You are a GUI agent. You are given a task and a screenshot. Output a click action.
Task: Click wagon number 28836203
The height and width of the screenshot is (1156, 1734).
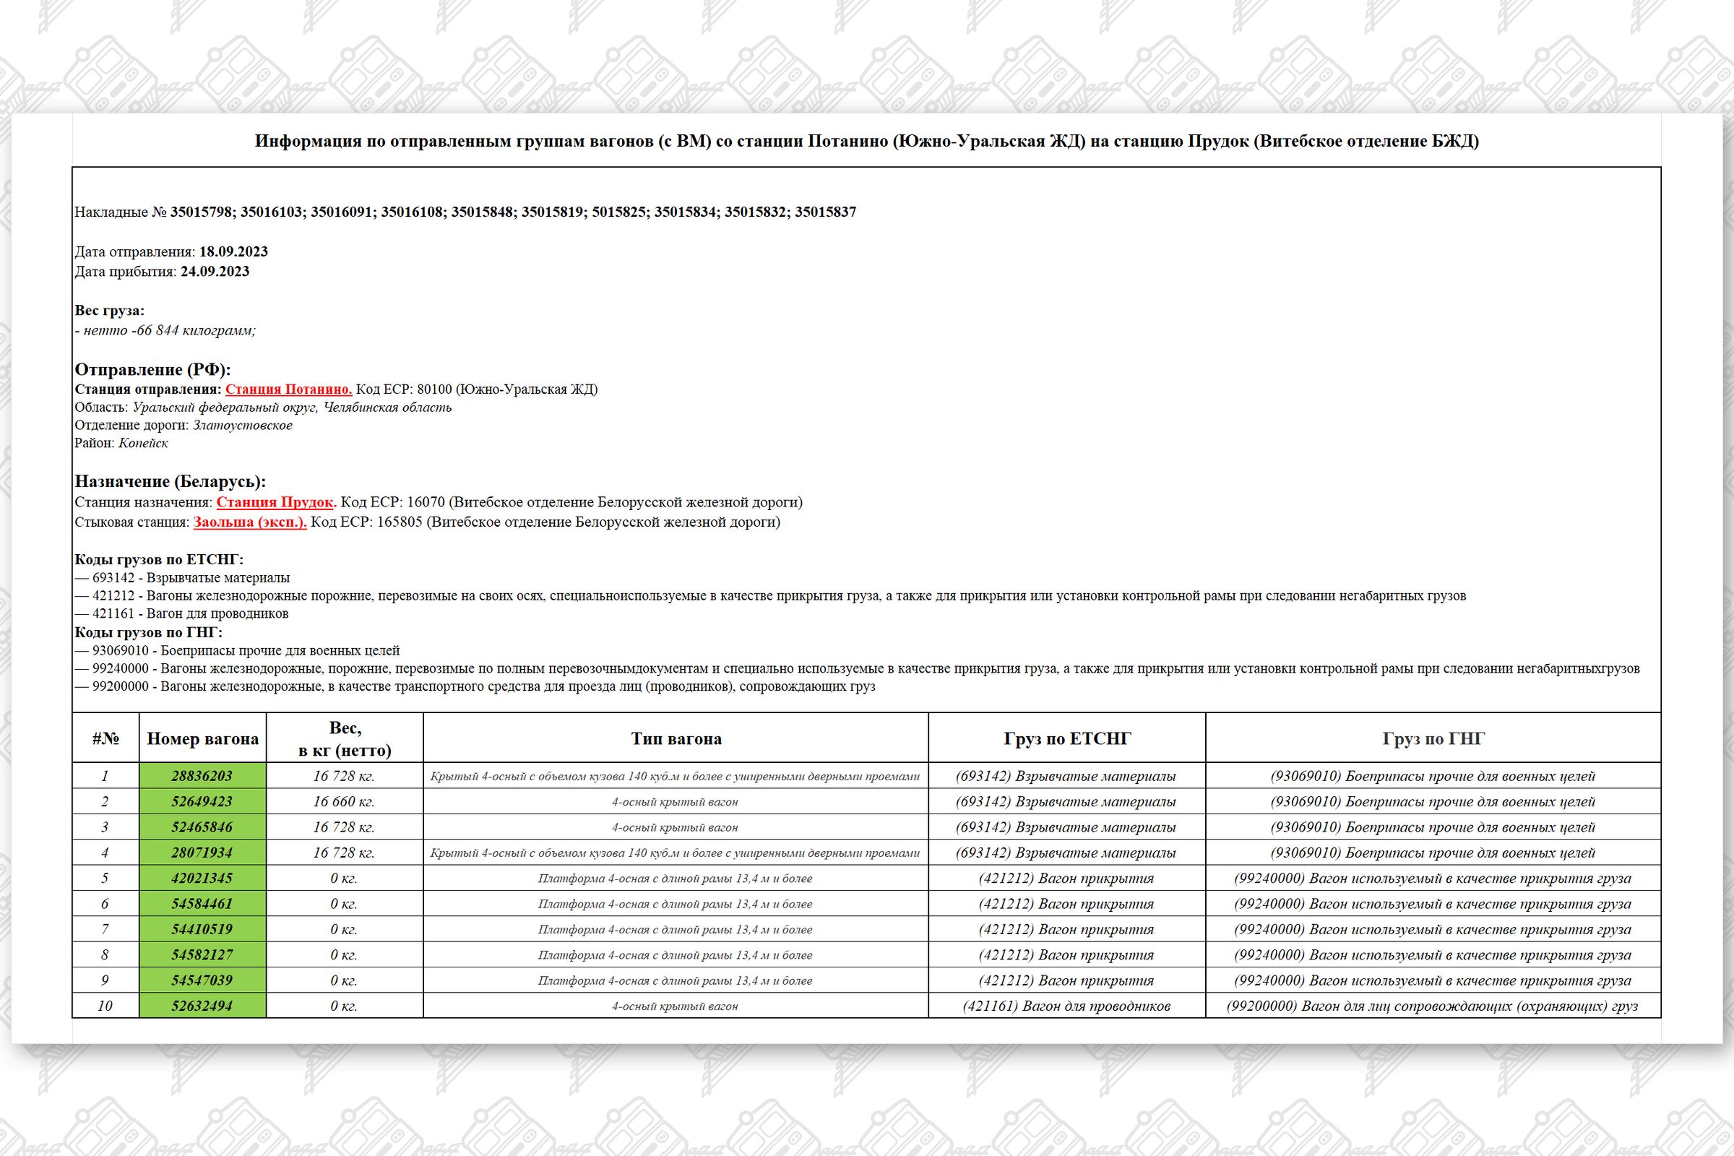point(202,776)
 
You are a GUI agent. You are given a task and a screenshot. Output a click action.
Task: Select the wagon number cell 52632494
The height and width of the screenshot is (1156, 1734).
point(202,1006)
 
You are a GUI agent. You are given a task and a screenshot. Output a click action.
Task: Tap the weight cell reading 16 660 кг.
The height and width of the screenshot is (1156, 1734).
point(344,801)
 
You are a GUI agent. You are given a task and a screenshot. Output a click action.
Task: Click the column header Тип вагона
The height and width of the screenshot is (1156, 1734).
point(676,738)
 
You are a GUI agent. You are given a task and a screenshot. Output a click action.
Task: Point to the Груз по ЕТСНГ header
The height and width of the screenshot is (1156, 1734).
point(1066,738)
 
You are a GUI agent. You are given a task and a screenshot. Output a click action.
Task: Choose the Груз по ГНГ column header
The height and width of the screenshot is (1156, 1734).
point(1433,738)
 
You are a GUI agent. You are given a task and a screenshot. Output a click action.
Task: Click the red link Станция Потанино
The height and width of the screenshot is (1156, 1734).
point(288,389)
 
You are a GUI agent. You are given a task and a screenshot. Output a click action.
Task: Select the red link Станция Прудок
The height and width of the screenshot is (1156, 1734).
point(276,502)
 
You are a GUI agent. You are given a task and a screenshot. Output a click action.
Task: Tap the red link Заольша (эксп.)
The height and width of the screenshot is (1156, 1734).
point(250,522)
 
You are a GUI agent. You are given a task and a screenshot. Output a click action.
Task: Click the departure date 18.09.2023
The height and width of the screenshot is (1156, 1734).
point(233,251)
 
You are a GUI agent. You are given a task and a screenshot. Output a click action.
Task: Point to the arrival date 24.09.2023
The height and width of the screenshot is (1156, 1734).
point(215,272)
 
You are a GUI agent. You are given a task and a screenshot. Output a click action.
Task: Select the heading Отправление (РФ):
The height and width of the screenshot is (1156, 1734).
point(152,369)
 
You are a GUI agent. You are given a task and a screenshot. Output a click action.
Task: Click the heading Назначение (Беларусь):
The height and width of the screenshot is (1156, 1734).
point(171,481)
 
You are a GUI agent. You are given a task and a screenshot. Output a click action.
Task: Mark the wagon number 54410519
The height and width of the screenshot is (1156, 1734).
point(202,929)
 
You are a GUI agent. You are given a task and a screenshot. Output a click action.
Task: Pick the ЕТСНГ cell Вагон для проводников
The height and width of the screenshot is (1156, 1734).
point(1066,1006)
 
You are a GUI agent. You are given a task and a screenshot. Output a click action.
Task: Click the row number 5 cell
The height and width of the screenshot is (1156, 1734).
point(105,878)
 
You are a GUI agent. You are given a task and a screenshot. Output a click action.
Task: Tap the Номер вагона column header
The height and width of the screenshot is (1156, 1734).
point(203,738)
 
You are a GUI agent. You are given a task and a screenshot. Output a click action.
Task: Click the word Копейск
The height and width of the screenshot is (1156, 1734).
point(143,443)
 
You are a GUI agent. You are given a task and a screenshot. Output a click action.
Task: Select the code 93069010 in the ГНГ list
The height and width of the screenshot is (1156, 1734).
point(120,651)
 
